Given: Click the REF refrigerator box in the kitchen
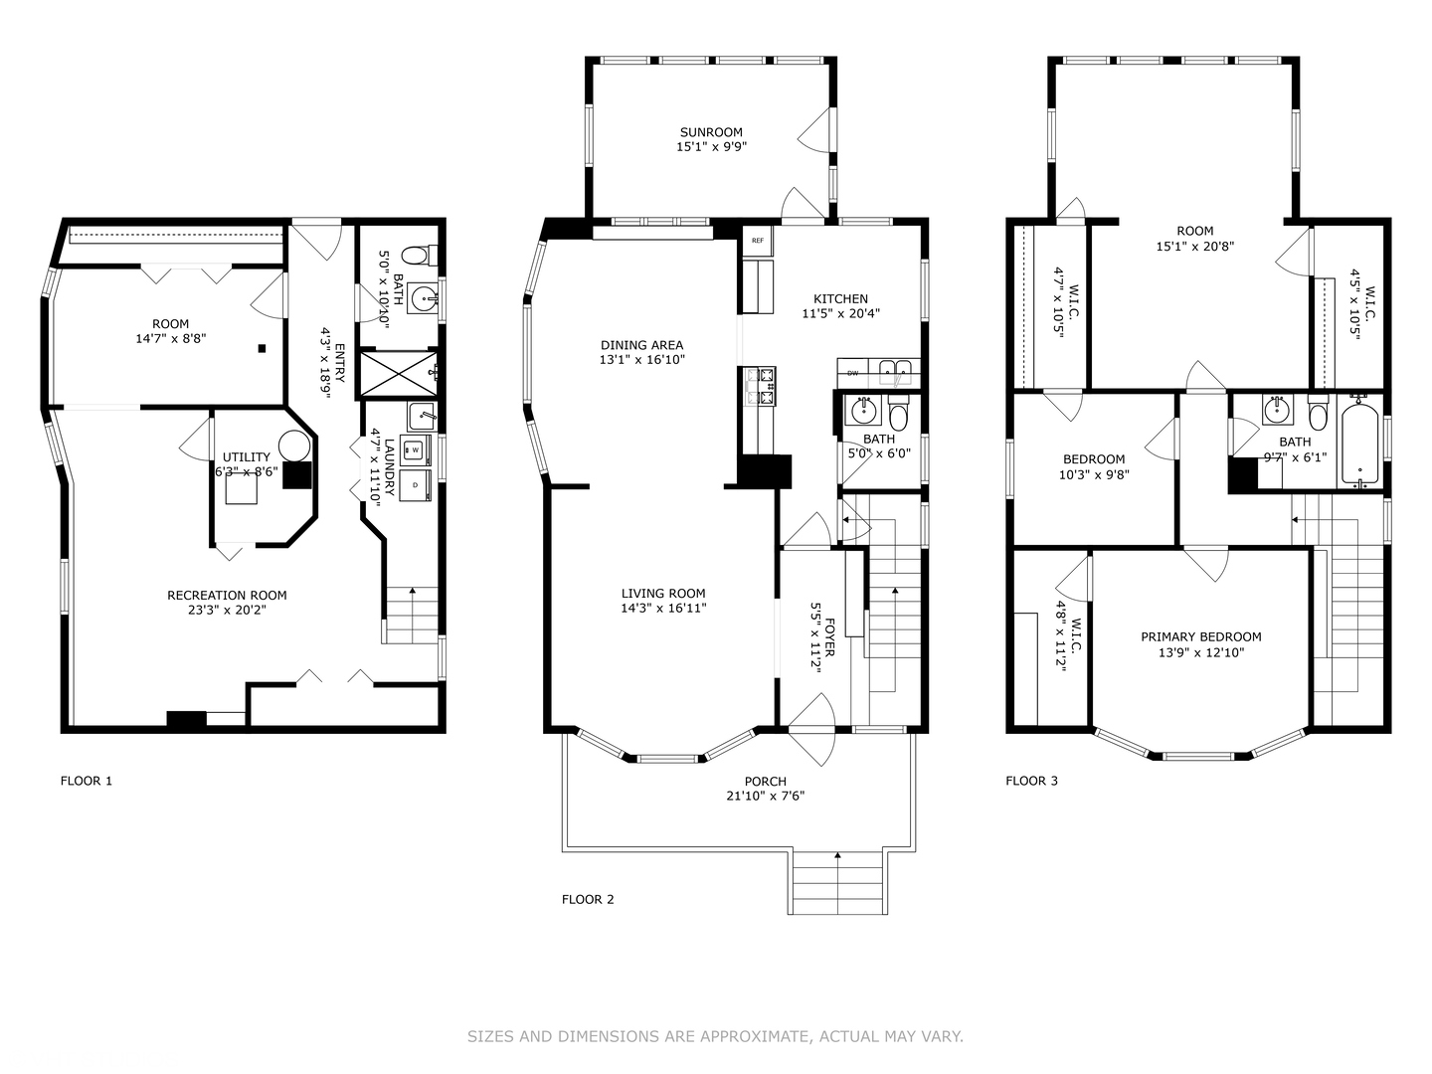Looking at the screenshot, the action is [757, 241].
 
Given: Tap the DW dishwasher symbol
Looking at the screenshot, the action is [852, 373].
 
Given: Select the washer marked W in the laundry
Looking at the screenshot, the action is [415, 449].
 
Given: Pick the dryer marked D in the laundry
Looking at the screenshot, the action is [415, 485].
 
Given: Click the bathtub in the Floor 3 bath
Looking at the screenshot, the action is [1359, 446].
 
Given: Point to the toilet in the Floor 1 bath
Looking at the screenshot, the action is [419, 255].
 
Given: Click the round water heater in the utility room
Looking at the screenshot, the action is [294, 447].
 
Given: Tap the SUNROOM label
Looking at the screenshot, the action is [711, 132].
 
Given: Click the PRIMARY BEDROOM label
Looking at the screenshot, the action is [1201, 636].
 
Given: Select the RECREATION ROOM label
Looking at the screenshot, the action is [227, 595].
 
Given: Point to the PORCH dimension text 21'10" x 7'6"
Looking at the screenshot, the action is [766, 796].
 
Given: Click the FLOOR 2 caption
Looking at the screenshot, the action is [588, 899].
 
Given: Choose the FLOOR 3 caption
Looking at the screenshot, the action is [1031, 781].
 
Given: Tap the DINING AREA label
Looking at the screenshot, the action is [642, 345].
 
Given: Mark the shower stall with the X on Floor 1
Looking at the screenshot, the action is [399, 373].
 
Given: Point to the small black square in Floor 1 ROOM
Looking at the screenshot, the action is [263, 348].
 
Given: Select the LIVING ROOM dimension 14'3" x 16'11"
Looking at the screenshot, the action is [663, 609].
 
